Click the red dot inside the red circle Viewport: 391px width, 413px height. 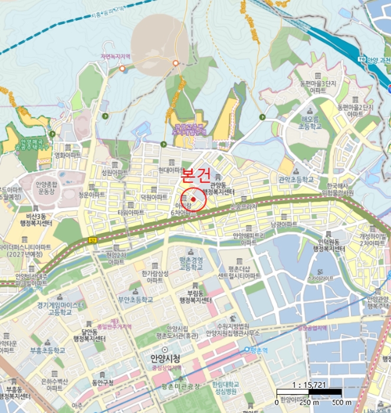pyautogui.click(x=193, y=199)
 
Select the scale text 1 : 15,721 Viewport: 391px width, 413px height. pyautogui.click(x=309, y=384)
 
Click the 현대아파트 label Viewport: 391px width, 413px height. pyautogui.click(x=172, y=169)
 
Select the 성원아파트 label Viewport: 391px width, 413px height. pyautogui.click(x=114, y=172)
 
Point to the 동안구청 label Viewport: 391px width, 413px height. pyautogui.click(x=102, y=382)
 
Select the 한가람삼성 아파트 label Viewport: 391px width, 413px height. pyautogui.click(x=156, y=277)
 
